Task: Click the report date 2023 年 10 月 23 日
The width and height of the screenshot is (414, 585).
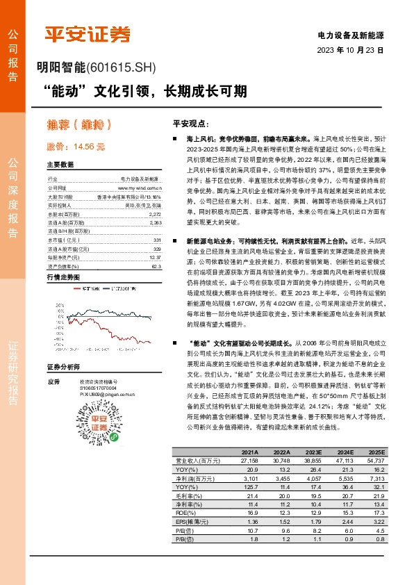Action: tap(350, 51)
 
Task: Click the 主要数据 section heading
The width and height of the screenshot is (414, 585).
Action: tap(60, 165)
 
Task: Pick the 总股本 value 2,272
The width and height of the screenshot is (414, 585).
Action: tap(154, 215)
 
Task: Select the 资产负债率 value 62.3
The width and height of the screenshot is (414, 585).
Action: tap(156, 265)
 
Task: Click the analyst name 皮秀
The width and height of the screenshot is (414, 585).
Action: tap(53, 381)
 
